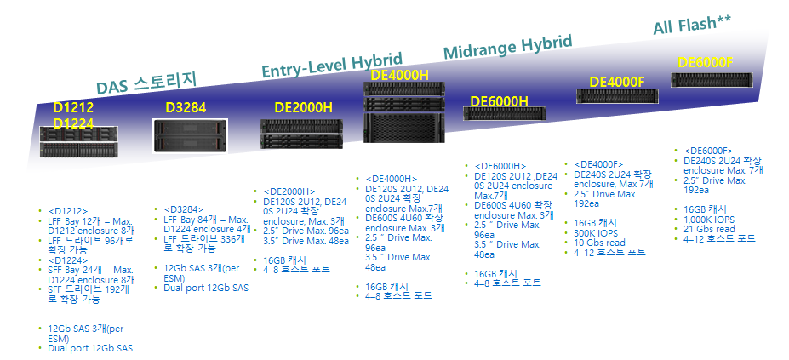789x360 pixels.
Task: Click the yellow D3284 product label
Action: pos(186,108)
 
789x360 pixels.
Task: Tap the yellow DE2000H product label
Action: pos(303,108)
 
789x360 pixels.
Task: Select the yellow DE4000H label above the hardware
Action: pos(399,76)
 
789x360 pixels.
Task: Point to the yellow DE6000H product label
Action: pos(499,102)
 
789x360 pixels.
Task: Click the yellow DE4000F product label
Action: pos(616,82)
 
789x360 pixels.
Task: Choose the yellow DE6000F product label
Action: pos(706,61)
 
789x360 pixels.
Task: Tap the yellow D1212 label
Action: pos(73,108)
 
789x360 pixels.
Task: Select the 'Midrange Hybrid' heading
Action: pos(507,49)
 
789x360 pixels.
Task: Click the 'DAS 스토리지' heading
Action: pos(146,83)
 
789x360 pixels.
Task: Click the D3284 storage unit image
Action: pos(191,134)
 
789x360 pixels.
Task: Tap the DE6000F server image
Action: pos(713,80)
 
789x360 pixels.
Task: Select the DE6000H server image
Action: pos(504,114)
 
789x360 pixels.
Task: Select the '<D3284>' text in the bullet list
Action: pos(183,209)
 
